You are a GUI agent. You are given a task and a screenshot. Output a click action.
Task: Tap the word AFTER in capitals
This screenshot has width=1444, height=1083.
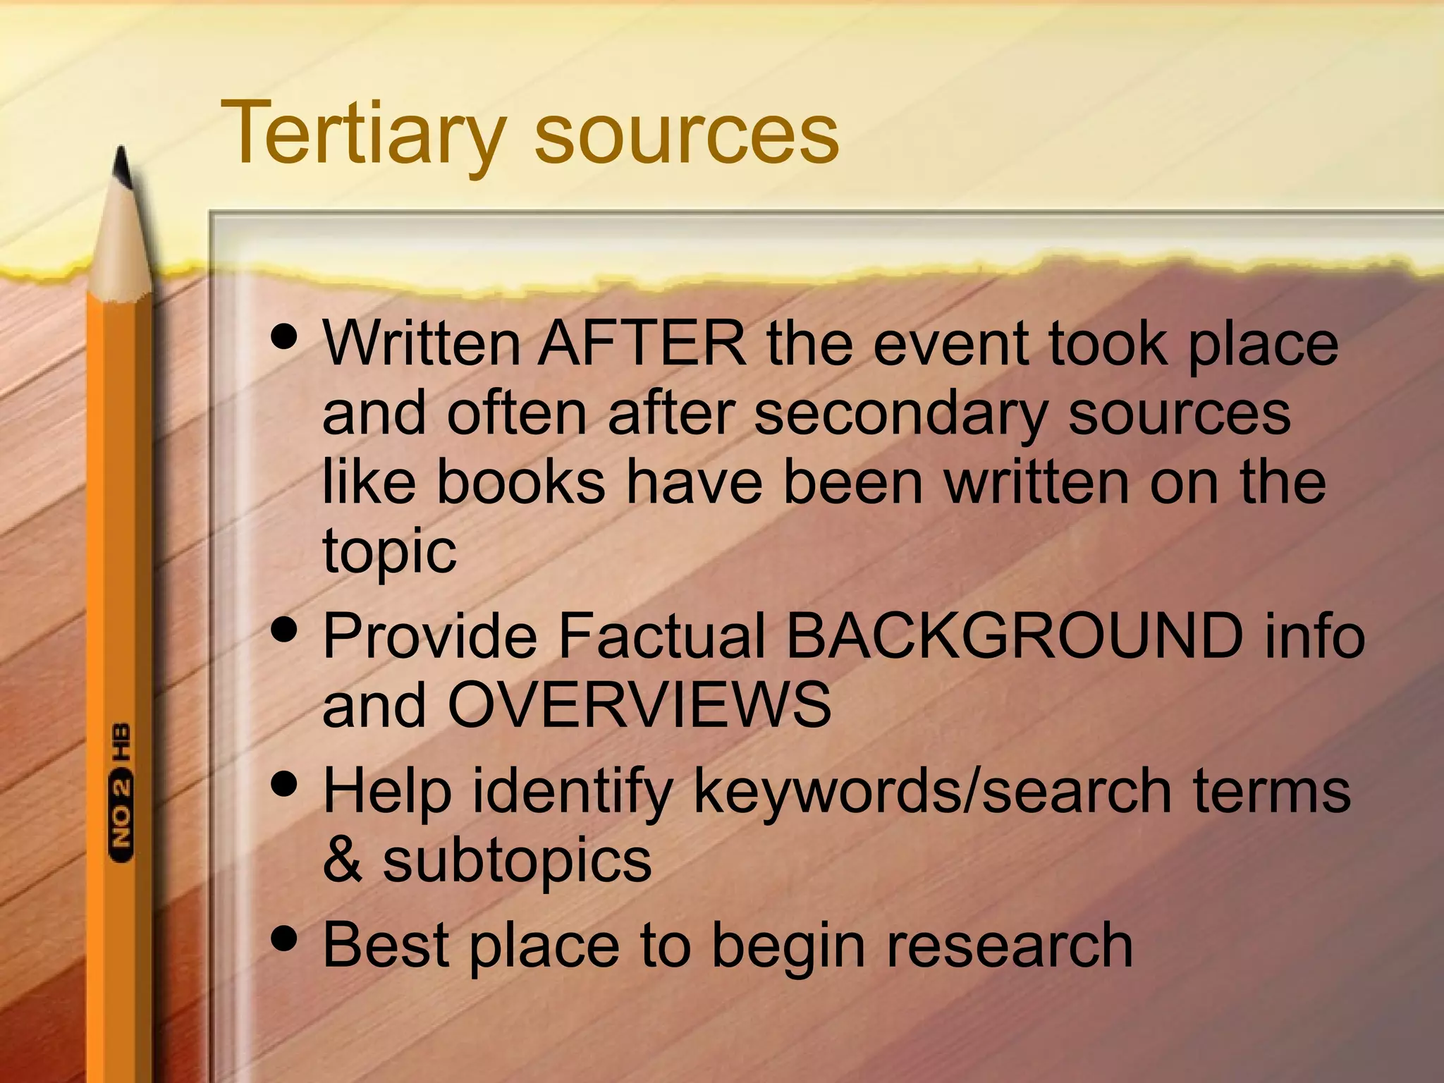coord(642,343)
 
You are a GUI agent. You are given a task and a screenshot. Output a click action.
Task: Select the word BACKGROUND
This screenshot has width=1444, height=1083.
coord(1015,635)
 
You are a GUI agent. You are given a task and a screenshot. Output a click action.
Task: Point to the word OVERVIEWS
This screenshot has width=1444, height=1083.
coord(639,705)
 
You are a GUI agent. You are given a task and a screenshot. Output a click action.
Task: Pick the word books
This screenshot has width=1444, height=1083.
coord(521,482)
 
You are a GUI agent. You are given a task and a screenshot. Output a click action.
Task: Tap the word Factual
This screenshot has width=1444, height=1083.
coord(661,635)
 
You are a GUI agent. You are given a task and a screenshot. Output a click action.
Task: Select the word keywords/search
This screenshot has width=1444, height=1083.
coord(933,791)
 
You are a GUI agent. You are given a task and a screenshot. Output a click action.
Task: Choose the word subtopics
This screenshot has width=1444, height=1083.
coord(517,862)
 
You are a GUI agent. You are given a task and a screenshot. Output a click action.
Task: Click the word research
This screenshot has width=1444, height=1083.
coord(1009,945)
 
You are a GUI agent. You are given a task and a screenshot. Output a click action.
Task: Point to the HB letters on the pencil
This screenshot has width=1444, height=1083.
coord(122,741)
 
